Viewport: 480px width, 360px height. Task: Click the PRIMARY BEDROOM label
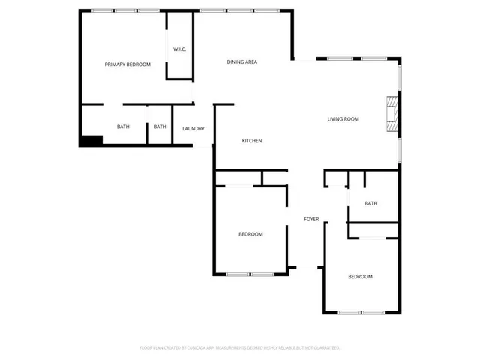[127, 64]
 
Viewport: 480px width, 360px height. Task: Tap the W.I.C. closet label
[179, 49]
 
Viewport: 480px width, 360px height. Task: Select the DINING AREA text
[242, 61]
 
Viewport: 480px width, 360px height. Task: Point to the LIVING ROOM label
[343, 119]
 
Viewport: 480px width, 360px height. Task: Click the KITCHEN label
[251, 141]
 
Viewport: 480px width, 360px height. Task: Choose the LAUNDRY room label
[193, 129]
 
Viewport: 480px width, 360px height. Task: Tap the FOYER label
[311, 219]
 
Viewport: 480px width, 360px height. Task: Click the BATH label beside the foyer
[370, 203]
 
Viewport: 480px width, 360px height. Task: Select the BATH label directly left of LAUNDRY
[160, 127]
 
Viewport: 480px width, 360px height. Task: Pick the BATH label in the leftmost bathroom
[123, 127]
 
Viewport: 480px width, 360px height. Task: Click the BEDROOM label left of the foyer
[250, 234]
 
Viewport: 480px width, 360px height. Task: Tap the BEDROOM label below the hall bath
[360, 277]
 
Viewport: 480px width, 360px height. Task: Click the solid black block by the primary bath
[91, 140]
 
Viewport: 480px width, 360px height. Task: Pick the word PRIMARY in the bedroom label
[115, 64]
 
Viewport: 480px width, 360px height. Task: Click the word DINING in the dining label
[235, 61]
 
